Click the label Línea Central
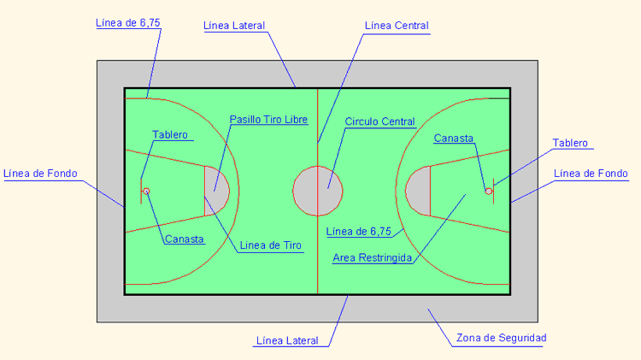tap(397, 26)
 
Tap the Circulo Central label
tap(379, 121)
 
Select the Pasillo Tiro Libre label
tap(268, 120)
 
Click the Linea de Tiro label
tap(270, 245)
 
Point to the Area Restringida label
tap(372, 257)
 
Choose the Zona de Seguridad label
tap(501, 338)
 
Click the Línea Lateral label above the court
tap(234, 26)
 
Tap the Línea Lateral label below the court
tap(287, 340)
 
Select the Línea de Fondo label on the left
tap(40, 174)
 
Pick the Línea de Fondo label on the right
tap(591, 174)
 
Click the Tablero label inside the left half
tap(170, 134)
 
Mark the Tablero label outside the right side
tap(570, 143)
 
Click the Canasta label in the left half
tap(185, 239)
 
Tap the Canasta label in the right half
tap(453, 139)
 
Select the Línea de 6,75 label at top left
tap(128, 23)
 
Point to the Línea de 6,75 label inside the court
tap(358, 232)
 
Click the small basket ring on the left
tap(146, 191)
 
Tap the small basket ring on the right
tap(489, 191)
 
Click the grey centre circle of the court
tap(318, 191)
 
